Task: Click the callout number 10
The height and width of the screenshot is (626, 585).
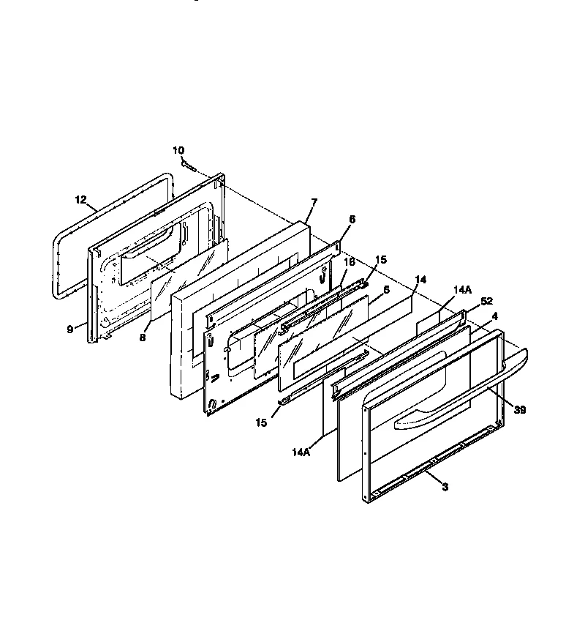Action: click(178, 151)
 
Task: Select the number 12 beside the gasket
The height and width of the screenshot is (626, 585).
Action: click(81, 200)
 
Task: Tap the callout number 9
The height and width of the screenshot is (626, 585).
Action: click(70, 329)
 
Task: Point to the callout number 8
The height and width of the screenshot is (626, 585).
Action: click(143, 338)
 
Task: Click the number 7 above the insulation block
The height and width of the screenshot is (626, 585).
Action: click(314, 203)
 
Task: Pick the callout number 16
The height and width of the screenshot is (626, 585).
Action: click(350, 262)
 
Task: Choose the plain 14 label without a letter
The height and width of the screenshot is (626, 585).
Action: click(420, 280)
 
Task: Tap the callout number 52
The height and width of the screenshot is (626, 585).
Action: click(486, 301)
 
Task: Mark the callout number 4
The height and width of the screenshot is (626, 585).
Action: click(495, 316)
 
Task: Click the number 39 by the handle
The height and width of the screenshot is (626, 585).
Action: click(520, 410)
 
